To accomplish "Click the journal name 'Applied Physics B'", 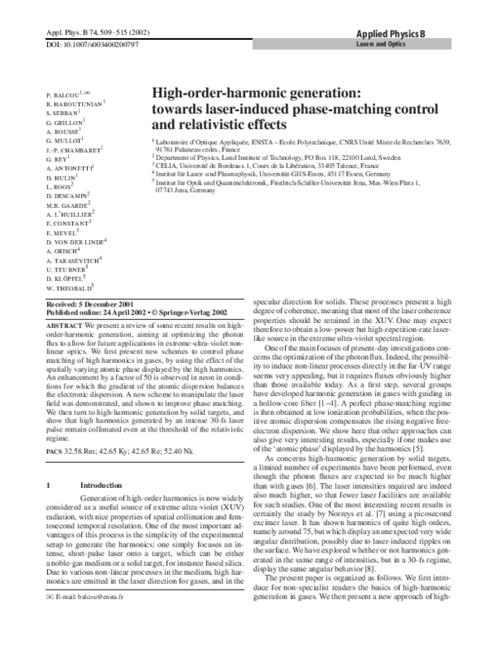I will coord(400,32).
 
